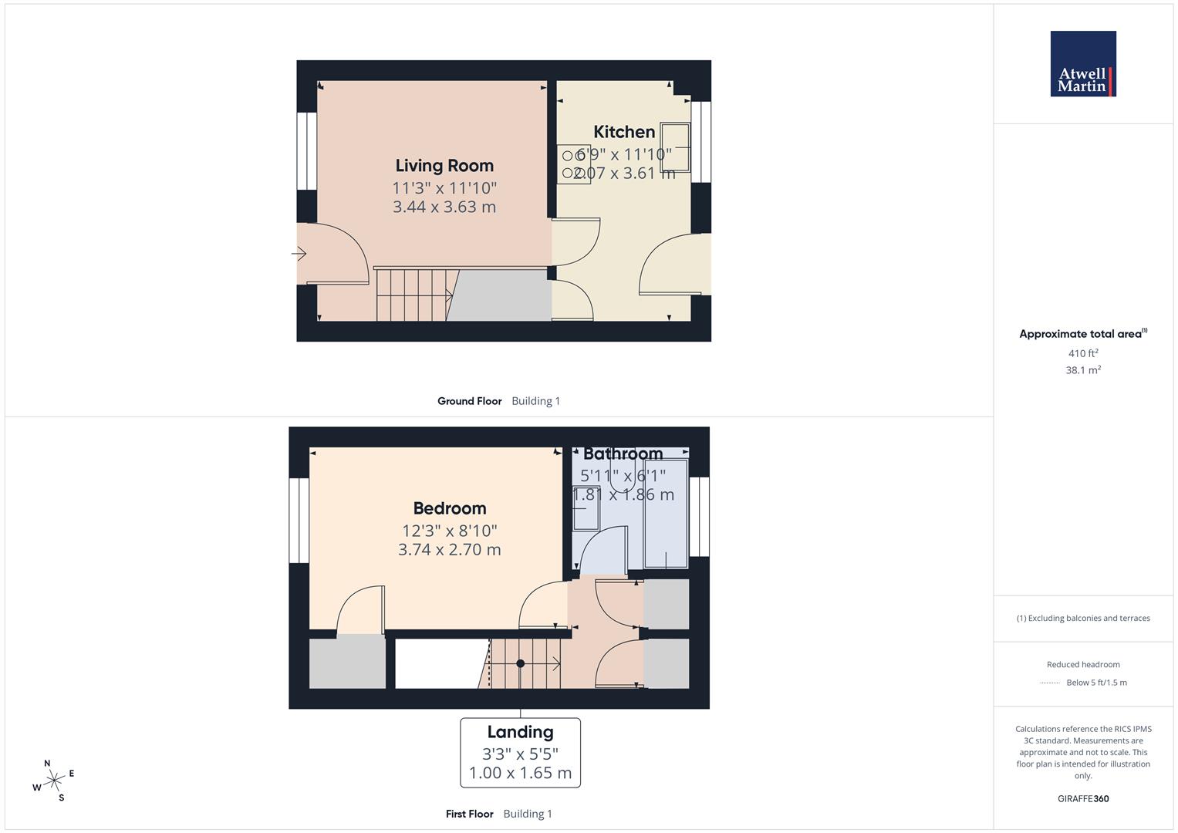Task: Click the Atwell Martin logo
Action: click(1082, 63)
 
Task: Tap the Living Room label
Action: click(444, 165)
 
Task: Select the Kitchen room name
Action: click(624, 132)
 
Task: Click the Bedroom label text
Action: click(450, 508)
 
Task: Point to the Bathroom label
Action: click(623, 454)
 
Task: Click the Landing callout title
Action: click(520, 732)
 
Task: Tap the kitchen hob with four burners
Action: click(574, 164)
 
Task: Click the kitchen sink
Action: click(674, 147)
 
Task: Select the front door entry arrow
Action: click(299, 254)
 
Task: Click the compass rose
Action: click(54, 781)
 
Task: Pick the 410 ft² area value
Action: click(1083, 353)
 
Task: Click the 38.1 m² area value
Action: click(1083, 370)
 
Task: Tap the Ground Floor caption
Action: click(469, 401)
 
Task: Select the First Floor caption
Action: click(469, 814)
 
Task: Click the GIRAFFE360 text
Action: click(1083, 799)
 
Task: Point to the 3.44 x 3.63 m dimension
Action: click(444, 207)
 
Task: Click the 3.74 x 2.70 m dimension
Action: click(450, 550)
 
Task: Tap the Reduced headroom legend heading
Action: click(1083, 664)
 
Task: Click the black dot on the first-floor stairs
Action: click(521, 663)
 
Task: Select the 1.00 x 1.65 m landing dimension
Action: click(520, 773)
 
